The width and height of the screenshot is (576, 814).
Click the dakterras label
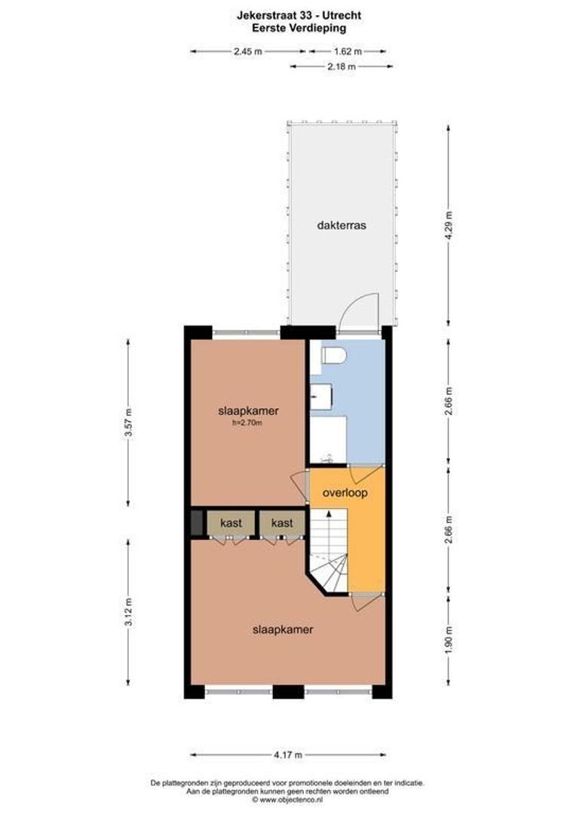tap(342, 225)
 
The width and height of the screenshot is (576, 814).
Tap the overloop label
tap(344, 493)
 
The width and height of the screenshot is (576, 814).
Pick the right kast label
tap(282, 523)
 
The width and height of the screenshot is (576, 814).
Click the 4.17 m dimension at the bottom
tap(287, 754)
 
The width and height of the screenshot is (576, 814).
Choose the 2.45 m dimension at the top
tap(247, 51)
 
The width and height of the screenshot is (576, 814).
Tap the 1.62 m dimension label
tap(348, 51)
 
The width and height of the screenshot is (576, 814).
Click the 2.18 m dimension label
tap(342, 66)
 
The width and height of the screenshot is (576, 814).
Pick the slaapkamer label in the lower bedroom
tap(283, 629)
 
